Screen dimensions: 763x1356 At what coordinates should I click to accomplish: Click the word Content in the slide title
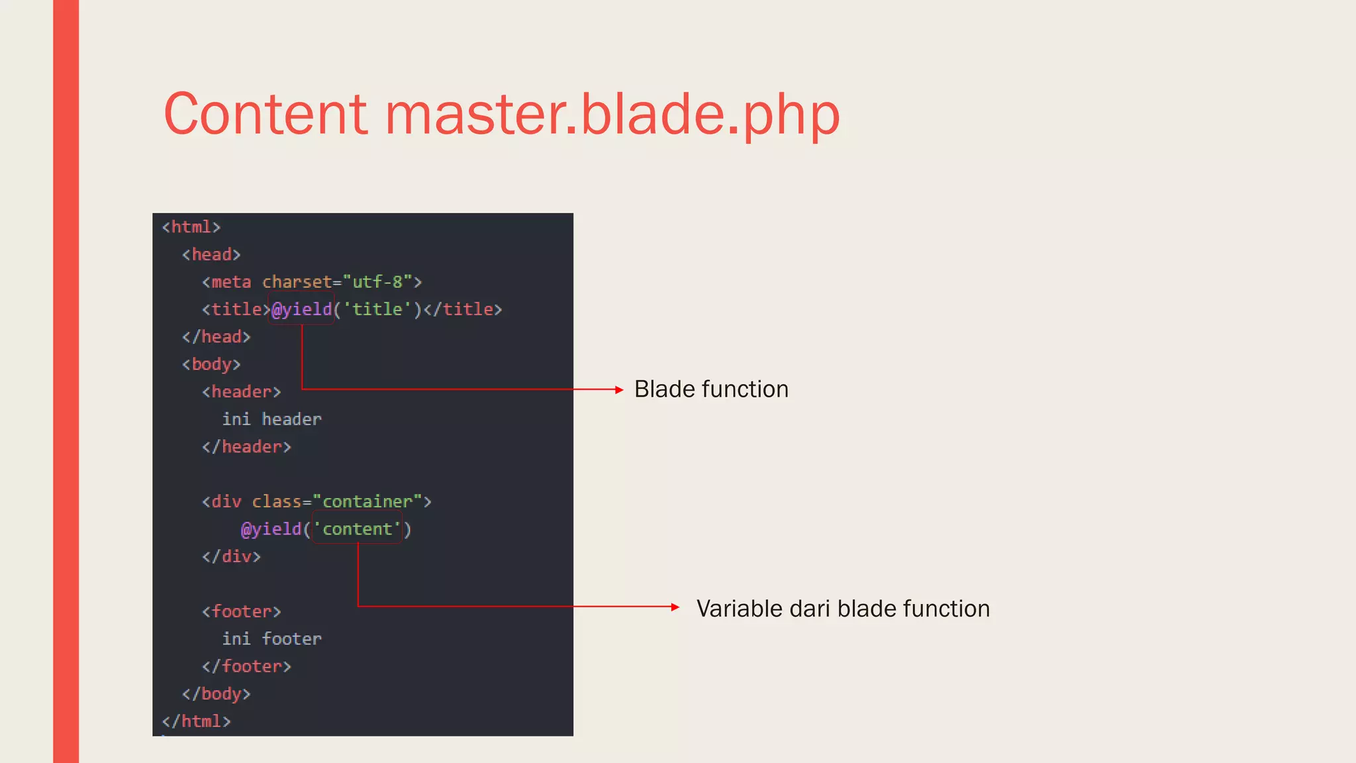(265, 114)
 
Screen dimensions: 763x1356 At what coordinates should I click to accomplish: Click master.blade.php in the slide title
(612, 114)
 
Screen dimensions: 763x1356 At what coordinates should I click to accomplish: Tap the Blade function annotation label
(711, 389)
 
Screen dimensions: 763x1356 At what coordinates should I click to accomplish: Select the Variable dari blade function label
(843, 609)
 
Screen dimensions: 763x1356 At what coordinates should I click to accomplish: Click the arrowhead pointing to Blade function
(619, 390)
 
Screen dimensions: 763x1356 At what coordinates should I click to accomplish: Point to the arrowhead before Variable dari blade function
(675, 607)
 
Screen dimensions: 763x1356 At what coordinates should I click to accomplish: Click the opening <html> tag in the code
(191, 227)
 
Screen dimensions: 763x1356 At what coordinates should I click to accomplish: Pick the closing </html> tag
(196, 721)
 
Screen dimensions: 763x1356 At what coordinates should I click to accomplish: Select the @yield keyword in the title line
(302, 309)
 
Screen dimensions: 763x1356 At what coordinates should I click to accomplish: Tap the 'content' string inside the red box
(358, 529)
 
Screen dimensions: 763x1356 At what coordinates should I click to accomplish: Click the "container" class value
(367, 502)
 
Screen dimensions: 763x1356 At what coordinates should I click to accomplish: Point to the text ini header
(271, 419)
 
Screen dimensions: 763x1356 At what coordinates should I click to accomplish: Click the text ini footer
(271, 639)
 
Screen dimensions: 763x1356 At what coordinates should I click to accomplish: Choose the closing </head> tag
(216, 337)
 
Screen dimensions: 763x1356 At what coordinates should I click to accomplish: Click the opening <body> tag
(211, 364)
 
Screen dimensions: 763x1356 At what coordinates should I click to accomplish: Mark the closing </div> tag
(231, 557)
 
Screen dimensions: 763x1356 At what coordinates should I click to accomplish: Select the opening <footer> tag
(241, 612)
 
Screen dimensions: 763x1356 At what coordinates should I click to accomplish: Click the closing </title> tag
(463, 309)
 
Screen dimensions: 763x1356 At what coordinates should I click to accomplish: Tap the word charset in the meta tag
(297, 282)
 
